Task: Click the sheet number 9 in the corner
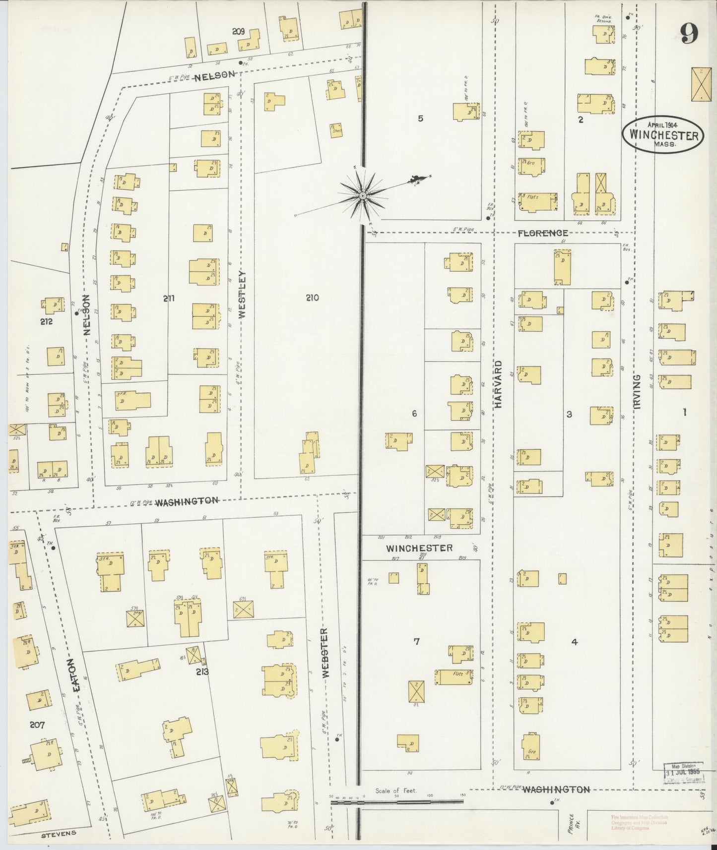point(689,34)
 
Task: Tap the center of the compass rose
point(363,196)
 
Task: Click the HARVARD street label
point(498,384)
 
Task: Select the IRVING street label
point(637,391)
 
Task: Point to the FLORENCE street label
point(543,233)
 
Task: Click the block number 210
point(312,298)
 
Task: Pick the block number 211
point(169,298)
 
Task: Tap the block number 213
point(202,672)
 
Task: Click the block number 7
point(417,642)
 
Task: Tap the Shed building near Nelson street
point(336,130)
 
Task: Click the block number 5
point(420,118)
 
